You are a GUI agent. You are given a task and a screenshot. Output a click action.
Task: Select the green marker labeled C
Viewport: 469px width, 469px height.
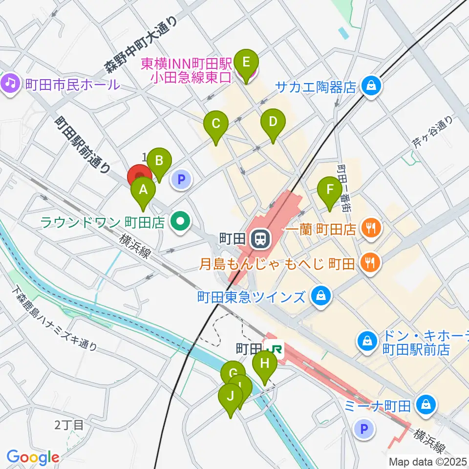(216, 124)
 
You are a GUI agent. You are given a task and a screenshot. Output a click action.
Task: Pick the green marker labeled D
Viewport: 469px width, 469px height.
(273, 122)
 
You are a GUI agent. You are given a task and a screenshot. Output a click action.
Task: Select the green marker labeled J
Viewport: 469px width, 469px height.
(230, 396)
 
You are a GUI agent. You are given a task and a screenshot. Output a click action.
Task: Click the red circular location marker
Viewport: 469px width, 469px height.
(139, 176)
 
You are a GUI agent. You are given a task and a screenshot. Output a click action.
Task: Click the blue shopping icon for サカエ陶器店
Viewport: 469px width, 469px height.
(372, 86)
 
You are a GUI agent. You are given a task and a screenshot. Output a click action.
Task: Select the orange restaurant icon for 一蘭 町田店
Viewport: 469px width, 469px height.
(371, 228)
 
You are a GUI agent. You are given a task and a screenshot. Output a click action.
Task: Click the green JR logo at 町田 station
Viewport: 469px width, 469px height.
(275, 349)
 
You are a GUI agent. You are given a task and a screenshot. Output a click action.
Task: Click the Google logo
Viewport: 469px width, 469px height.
(33, 457)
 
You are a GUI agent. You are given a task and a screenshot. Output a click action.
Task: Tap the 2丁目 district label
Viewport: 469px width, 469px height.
(70, 425)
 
